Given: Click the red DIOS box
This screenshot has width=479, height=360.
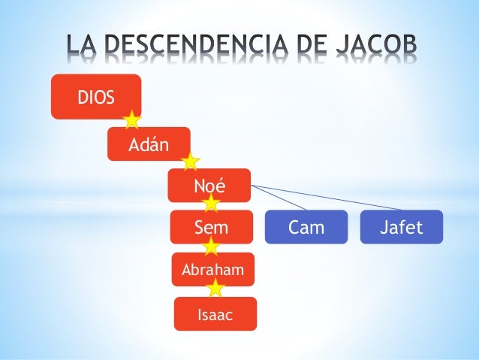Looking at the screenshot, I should [95, 96].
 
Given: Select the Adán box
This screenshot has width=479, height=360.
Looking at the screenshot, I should [148, 144].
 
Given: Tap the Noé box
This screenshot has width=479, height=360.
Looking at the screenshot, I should [209, 184].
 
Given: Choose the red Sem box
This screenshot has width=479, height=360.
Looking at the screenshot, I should [212, 227].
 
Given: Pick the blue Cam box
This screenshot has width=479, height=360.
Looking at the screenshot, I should [306, 227].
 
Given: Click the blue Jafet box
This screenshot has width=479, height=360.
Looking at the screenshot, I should [402, 227].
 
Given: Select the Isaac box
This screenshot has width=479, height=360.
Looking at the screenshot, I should [215, 314].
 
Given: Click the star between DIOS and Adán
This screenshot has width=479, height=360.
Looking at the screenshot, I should [133, 119].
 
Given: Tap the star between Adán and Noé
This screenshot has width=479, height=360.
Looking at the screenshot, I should [191, 161].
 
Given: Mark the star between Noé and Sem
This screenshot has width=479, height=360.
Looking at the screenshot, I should [211, 203].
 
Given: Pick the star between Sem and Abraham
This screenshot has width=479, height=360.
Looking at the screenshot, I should [211, 245].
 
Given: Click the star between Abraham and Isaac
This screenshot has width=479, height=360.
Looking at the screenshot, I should [215, 287].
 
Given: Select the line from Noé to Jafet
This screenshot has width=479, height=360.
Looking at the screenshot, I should [330, 198].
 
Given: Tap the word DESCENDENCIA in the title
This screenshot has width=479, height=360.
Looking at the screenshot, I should [198, 47].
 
